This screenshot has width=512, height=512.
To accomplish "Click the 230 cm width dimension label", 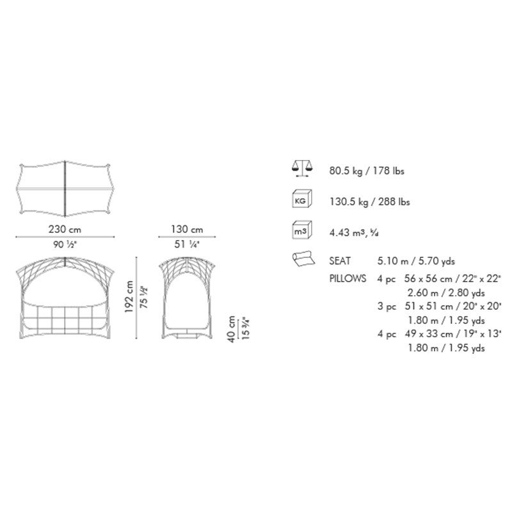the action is [x=65, y=229].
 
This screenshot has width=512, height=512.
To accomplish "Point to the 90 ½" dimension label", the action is [x=65, y=244].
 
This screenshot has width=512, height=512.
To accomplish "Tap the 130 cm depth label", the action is [x=187, y=229].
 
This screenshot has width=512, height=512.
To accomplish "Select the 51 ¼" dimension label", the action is [x=187, y=244].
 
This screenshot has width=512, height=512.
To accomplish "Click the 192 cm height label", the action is [x=129, y=296].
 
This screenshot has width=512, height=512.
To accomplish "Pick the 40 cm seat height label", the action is [x=231, y=329].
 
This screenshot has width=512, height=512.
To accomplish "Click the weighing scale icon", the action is [x=301, y=168].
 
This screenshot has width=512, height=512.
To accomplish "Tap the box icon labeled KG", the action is [x=301, y=199].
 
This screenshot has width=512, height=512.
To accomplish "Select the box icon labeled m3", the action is [x=301, y=230].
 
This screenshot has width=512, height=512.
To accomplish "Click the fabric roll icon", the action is [x=303, y=259].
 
